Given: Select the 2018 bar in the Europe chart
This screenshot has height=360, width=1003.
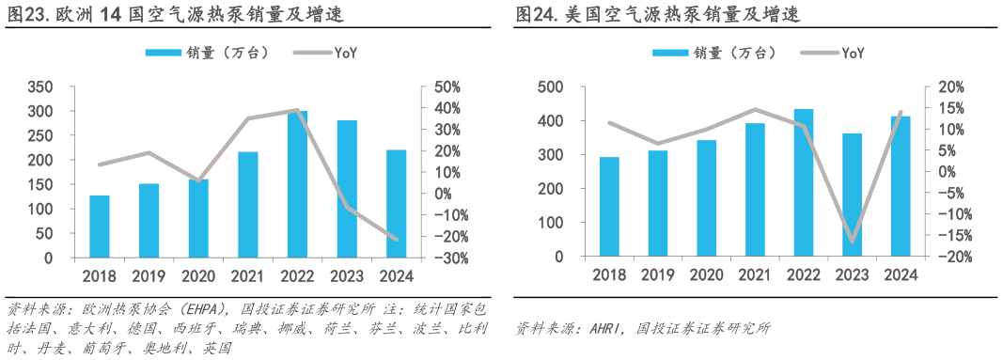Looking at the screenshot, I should pos(100,226).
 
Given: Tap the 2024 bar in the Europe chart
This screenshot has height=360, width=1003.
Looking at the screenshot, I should pos(396,203).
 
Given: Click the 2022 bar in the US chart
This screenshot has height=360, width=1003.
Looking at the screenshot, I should pos(804,182).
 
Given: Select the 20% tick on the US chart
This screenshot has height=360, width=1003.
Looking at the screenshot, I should pos(942,87).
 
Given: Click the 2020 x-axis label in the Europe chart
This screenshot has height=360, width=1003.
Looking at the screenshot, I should pos(198,275).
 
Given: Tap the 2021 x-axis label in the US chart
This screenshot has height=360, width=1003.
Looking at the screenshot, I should pos(755,274).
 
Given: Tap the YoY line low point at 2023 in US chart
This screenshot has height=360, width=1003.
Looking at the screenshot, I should pos(853,243).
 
